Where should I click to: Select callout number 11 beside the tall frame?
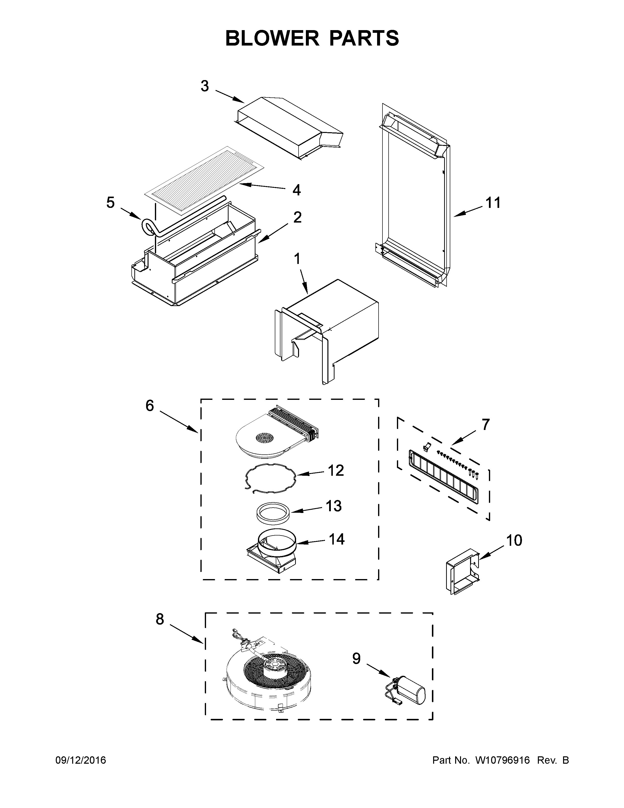(x=493, y=203)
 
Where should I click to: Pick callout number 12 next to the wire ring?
(x=336, y=471)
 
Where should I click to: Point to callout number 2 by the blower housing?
(x=297, y=217)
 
